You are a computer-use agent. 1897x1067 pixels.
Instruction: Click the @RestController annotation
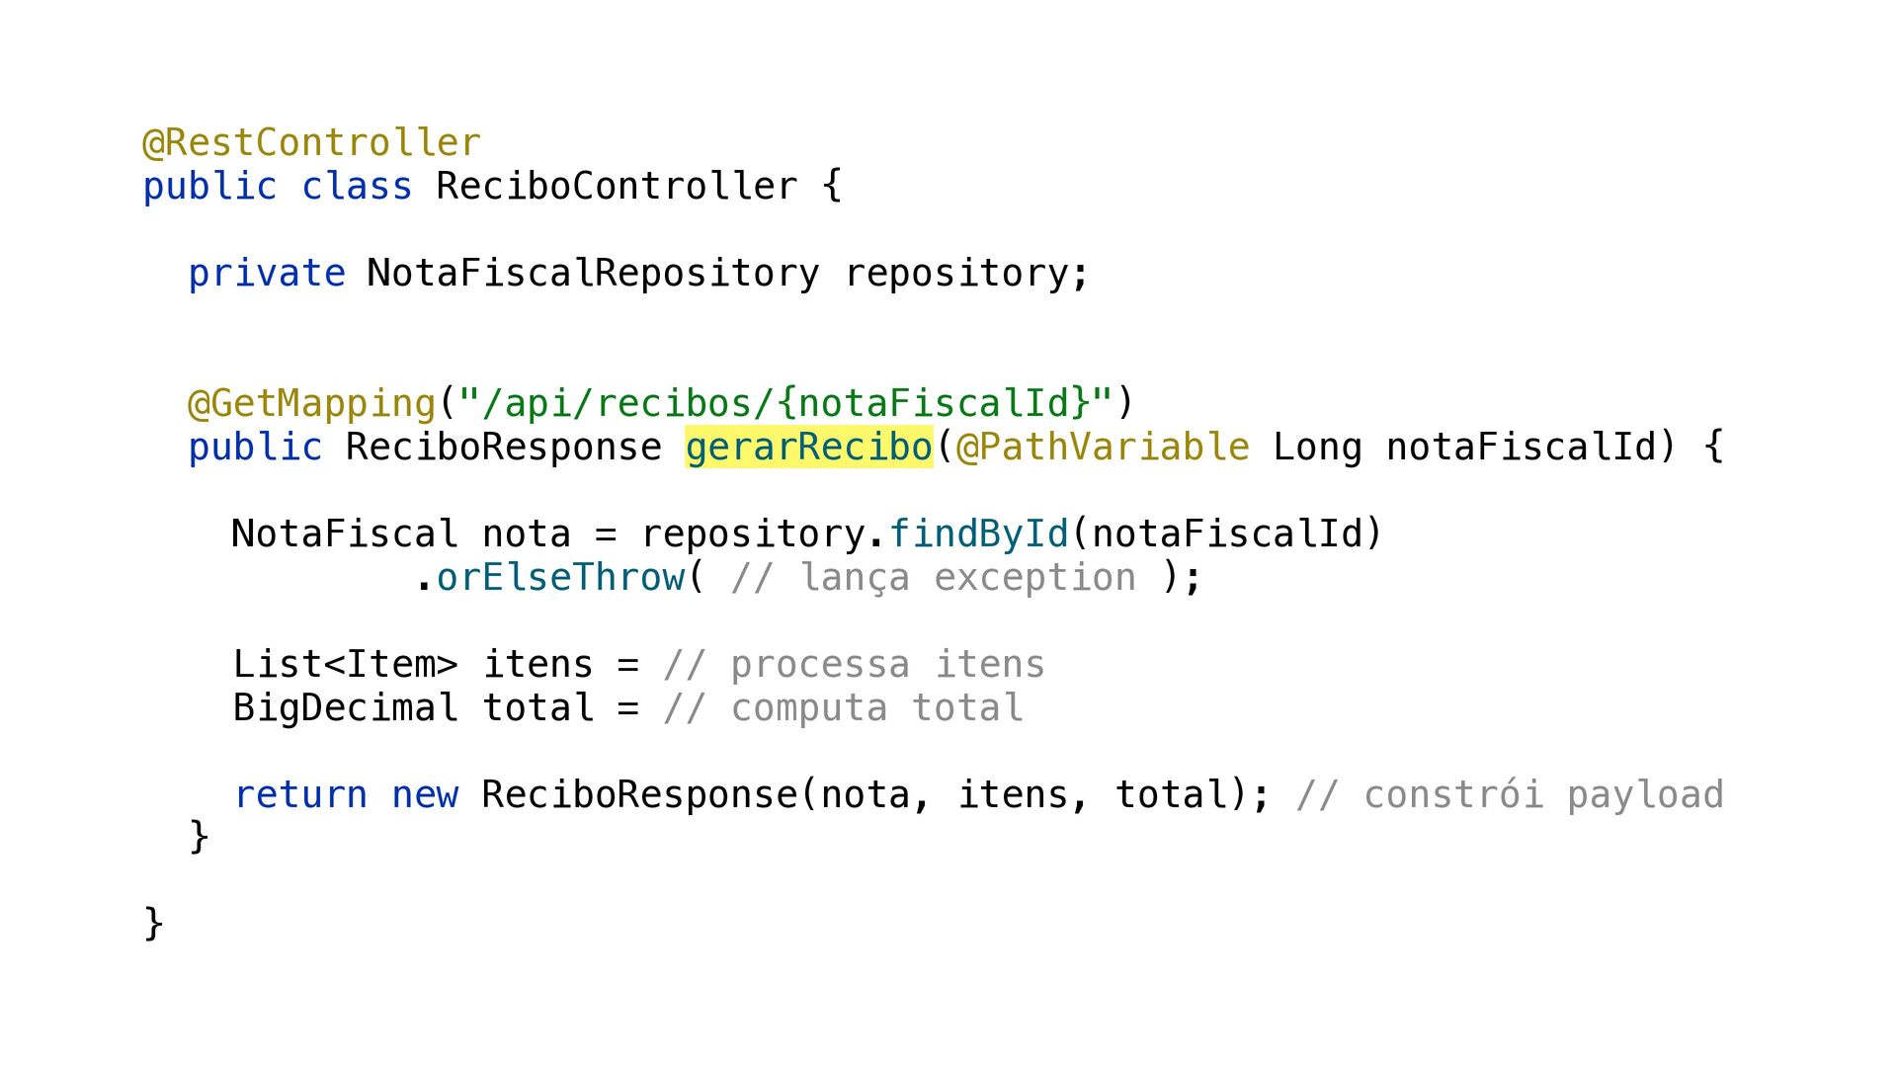pos(312,143)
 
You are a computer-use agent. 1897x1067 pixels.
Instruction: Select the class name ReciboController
pos(617,187)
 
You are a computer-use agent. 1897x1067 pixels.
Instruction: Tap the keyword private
pos(267,274)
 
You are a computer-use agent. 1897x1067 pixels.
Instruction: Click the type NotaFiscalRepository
pos(593,274)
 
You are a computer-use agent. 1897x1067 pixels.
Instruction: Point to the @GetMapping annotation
pos(311,404)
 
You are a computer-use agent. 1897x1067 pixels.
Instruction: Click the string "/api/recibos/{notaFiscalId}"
pos(785,404)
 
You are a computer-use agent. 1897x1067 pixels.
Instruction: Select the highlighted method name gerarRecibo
pos(808,448)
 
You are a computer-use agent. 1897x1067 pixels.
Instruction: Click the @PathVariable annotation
pos(1103,448)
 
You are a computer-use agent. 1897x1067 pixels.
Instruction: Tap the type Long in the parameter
pos(1317,448)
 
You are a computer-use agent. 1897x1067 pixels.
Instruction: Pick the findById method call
pos(979,534)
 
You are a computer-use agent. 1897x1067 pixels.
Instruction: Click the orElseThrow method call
pos(560,578)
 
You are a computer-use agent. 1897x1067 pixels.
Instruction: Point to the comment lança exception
pos(934,578)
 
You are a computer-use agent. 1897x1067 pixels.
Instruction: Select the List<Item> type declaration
pos(345,665)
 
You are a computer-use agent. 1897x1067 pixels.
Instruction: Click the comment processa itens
pos(855,665)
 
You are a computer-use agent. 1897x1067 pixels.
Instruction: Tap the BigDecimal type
pos(345,708)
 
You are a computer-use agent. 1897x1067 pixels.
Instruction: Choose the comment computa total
pos(844,708)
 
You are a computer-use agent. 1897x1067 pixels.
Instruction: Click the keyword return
pos(300,795)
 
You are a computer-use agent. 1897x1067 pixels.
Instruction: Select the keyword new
pos(425,795)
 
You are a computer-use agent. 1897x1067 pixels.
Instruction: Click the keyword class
pos(357,187)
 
